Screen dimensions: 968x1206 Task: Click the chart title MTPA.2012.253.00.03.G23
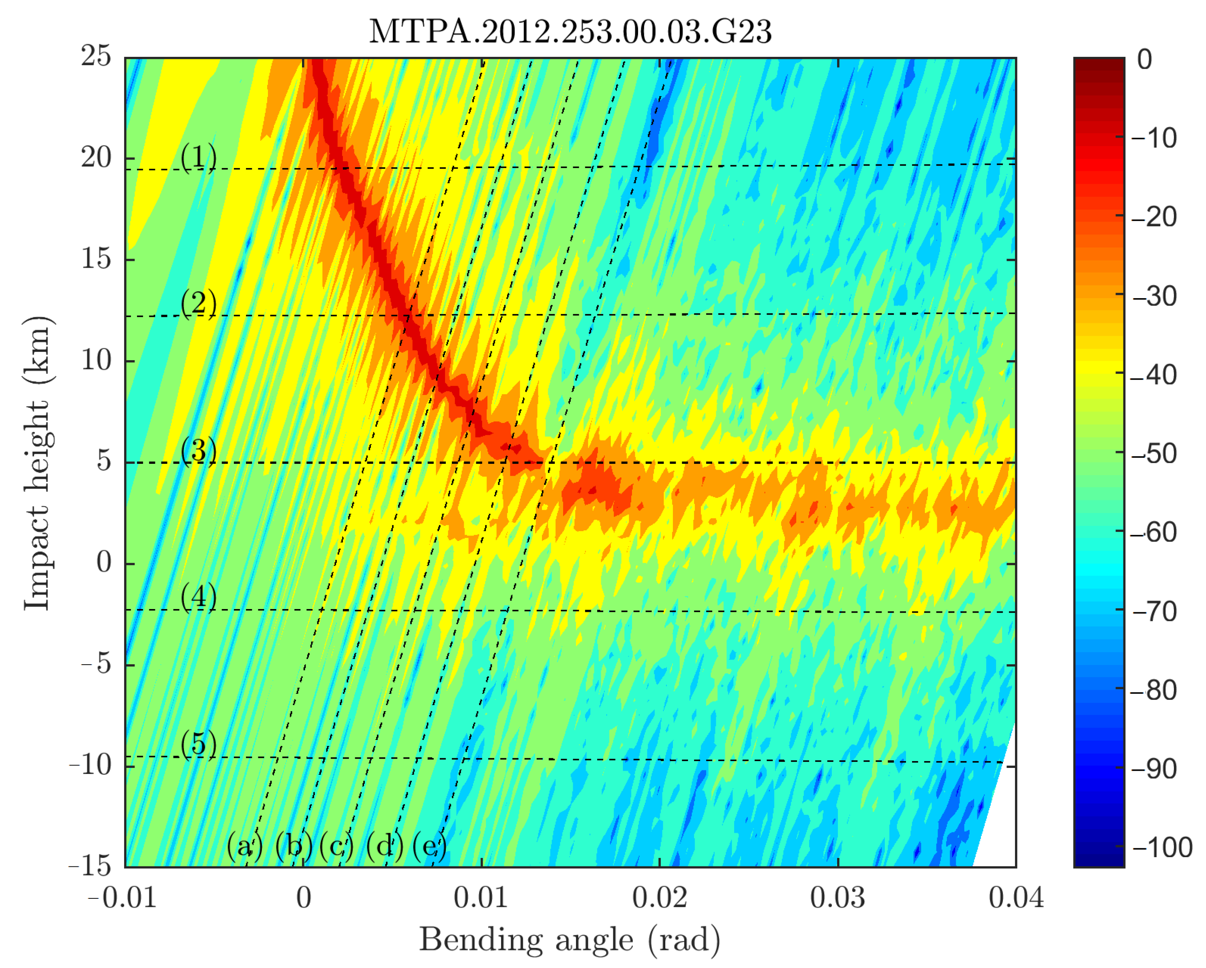[570, 32]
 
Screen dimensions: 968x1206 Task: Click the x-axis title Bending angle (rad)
[570, 940]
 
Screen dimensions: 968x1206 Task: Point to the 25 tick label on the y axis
[96, 56]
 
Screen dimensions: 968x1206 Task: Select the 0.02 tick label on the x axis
[660, 898]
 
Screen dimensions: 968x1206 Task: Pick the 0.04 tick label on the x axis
[1016, 898]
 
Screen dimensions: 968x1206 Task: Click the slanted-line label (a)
[244, 846]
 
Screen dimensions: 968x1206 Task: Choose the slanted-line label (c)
[337, 846]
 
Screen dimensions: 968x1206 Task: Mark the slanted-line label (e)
[430, 846]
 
